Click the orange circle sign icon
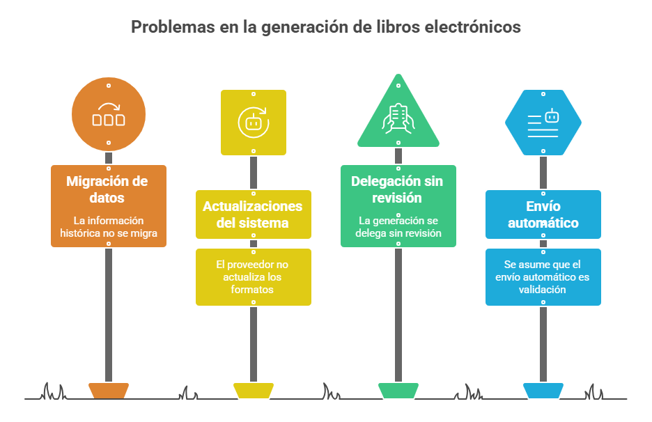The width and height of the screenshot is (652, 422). (109, 114)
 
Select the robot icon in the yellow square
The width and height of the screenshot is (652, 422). (254, 123)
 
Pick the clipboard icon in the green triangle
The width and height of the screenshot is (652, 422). (398, 118)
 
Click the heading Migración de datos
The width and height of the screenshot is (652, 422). (107, 189)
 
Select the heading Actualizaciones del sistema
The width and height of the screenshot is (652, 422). (252, 214)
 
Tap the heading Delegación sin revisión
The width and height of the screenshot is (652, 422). (397, 189)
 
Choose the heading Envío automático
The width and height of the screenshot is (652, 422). (543, 214)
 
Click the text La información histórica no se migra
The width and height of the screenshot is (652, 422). (109, 227)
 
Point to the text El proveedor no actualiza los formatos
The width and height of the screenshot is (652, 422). (252, 277)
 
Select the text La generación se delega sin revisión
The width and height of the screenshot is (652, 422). (398, 227)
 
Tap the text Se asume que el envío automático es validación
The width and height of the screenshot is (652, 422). (542, 277)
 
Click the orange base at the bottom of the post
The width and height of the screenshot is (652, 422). (109, 391)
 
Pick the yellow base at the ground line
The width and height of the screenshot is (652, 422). (254, 391)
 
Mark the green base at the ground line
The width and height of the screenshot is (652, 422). (398, 391)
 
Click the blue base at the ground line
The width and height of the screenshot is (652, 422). (543, 391)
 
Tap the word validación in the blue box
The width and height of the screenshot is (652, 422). (542, 290)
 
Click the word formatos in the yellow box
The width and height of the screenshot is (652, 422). (252, 290)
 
